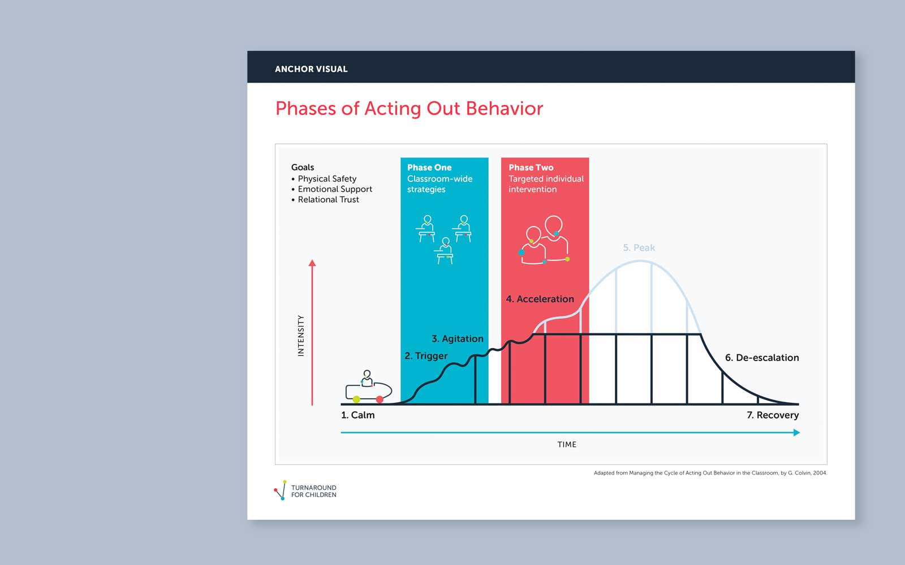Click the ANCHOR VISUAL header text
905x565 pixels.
click(311, 69)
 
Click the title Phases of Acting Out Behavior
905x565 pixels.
click(409, 108)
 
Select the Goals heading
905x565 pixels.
click(303, 167)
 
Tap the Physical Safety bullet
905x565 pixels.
click(324, 179)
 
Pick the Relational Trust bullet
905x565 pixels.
click(325, 199)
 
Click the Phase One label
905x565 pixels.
click(429, 167)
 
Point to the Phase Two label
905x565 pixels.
click(531, 167)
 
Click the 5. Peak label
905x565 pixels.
click(639, 247)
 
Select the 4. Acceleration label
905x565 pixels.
click(540, 299)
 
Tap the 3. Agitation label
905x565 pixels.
click(458, 338)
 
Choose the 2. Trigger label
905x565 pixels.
click(426, 355)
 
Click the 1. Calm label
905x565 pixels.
click(357, 415)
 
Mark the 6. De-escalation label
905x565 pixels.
click(761, 358)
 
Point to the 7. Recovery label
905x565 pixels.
click(773, 415)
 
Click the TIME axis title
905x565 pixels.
click(567, 444)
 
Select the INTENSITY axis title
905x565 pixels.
click(300, 336)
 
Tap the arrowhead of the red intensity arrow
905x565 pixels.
click(312, 263)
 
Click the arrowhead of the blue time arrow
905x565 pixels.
click(796, 433)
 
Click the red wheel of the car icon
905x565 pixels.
click(380, 399)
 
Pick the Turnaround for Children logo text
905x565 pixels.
click(313, 491)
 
